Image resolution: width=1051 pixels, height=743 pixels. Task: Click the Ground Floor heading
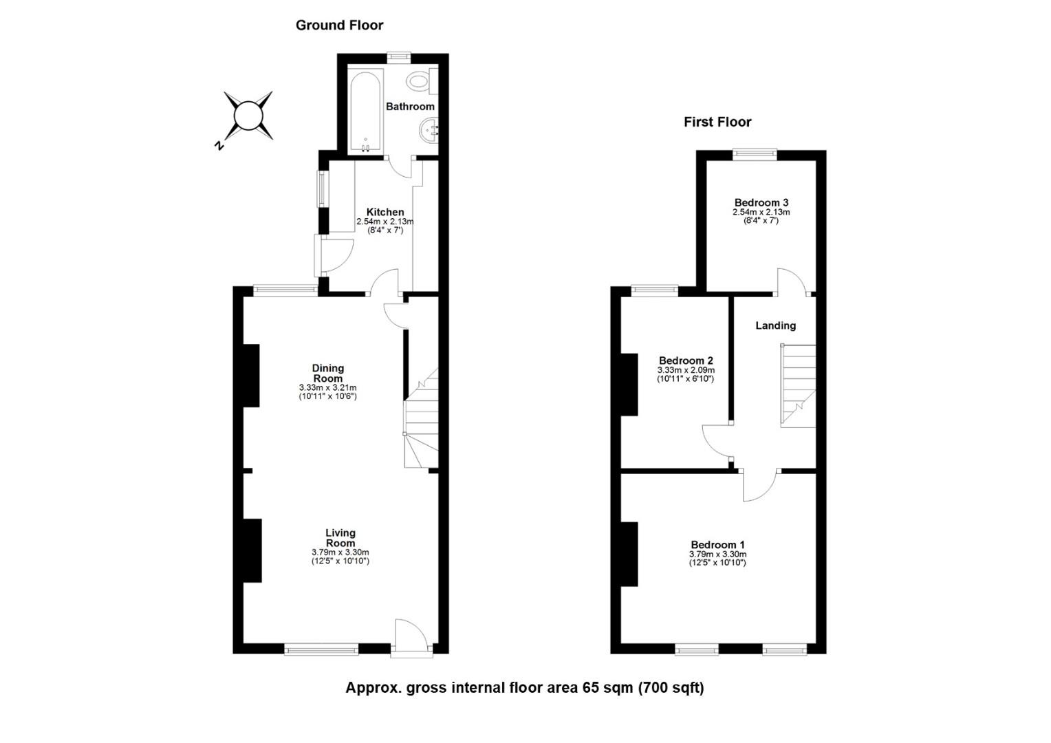pyautogui.click(x=339, y=25)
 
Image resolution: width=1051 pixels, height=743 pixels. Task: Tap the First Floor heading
pyautogui.click(x=717, y=122)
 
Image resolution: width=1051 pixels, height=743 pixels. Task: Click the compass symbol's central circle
pyautogui.click(x=248, y=116)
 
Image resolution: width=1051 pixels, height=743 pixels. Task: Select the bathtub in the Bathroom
pyautogui.click(x=365, y=111)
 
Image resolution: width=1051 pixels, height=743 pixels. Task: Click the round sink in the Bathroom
pyautogui.click(x=429, y=130)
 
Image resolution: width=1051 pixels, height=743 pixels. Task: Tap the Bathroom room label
pyautogui.click(x=410, y=107)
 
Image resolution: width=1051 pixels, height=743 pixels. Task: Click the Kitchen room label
pyautogui.click(x=384, y=212)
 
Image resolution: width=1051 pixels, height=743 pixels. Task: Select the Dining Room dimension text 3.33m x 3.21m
pyautogui.click(x=328, y=388)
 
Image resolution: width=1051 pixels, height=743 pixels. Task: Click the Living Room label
pyautogui.click(x=340, y=538)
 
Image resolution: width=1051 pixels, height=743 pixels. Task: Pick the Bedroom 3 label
pyautogui.click(x=761, y=203)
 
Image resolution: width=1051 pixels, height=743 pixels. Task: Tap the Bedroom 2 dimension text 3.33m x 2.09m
pyautogui.click(x=686, y=370)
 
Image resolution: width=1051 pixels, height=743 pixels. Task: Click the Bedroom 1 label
pyautogui.click(x=717, y=545)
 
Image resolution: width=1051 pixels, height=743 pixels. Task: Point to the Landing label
pyautogui.click(x=776, y=325)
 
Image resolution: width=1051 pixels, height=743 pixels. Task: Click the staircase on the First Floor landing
pyautogui.click(x=798, y=386)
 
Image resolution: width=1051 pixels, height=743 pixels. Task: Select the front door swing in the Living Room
pyautogui.click(x=411, y=637)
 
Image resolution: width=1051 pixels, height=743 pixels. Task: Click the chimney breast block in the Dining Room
pyautogui.click(x=251, y=376)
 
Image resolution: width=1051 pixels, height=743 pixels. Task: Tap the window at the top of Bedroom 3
pyautogui.click(x=755, y=154)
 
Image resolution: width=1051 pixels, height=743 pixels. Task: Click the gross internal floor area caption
pyautogui.click(x=525, y=688)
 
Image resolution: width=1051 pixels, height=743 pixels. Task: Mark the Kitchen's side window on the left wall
pyautogui.click(x=322, y=189)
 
